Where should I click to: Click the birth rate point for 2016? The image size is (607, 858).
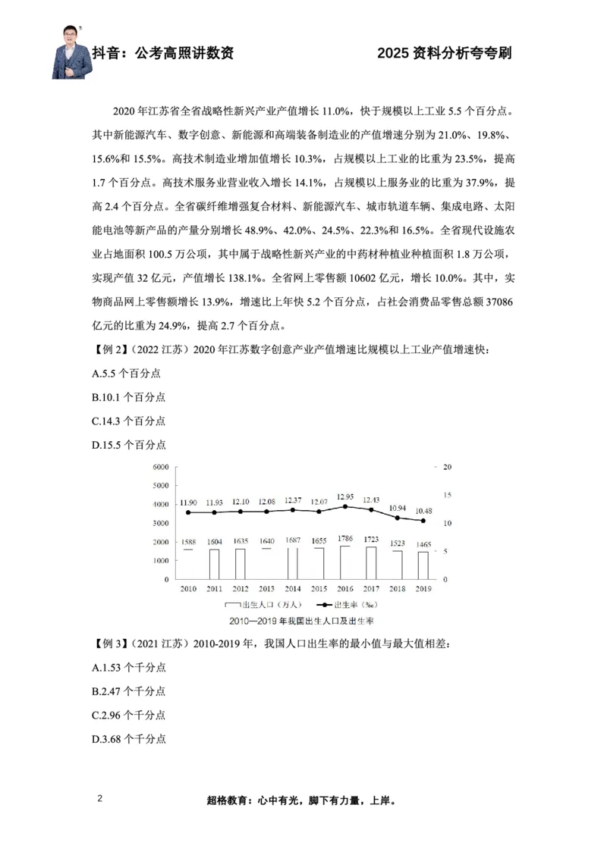(345, 506)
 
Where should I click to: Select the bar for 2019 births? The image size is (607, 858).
(423, 565)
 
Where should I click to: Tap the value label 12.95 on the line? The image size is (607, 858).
(345, 496)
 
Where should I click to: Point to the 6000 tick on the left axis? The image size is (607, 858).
(160, 467)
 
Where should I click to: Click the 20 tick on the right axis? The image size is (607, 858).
(448, 467)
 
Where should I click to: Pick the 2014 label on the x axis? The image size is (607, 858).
(293, 588)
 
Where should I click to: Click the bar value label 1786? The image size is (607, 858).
(345, 539)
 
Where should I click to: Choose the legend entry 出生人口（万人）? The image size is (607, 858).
(264, 605)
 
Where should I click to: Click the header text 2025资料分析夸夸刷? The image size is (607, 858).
(445, 53)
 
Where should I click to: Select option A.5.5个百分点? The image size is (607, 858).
(126, 374)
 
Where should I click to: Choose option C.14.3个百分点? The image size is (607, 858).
(129, 421)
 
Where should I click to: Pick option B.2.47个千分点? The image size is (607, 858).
(129, 690)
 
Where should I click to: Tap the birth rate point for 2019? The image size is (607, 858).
(423, 521)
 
